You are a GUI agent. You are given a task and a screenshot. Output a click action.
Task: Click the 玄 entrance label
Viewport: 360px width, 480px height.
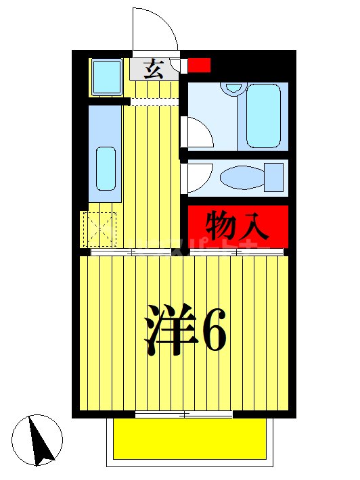tap(154, 70)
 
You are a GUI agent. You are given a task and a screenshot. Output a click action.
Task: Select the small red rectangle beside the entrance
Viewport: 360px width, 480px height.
tap(199, 66)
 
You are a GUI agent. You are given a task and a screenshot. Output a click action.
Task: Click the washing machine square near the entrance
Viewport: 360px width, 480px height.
tap(106, 76)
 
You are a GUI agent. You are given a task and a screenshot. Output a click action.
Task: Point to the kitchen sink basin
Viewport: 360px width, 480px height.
tap(106, 168)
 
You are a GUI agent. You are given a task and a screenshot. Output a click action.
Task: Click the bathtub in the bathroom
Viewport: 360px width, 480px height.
tap(263, 116)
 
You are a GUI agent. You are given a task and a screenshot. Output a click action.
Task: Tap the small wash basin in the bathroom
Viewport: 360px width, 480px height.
tap(234, 87)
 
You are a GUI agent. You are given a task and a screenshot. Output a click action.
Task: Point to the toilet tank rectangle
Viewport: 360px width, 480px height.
tap(273, 177)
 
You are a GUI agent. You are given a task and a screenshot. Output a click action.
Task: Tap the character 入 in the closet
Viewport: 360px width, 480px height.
tap(256, 226)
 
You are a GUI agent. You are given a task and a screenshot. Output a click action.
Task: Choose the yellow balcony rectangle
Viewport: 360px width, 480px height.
tap(189, 439)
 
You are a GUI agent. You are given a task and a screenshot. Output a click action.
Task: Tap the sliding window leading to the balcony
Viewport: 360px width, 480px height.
tap(184, 414)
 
